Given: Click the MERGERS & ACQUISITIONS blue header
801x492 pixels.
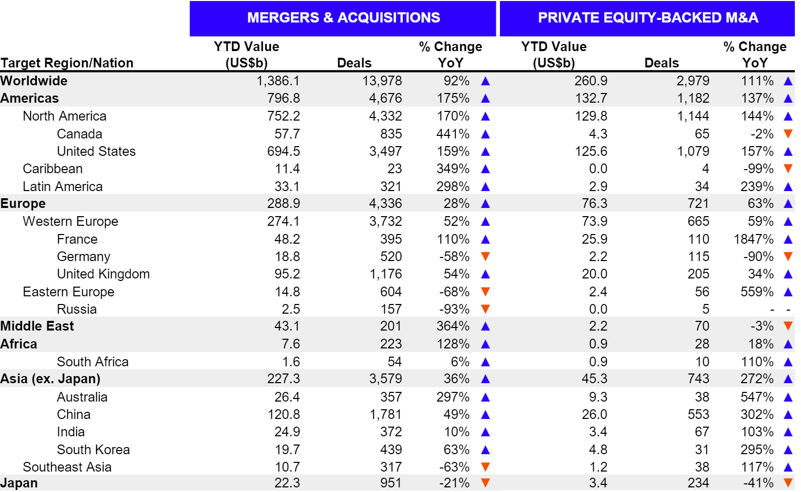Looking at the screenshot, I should click(x=343, y=18).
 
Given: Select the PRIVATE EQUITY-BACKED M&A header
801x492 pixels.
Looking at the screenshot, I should click(x=648, y=18).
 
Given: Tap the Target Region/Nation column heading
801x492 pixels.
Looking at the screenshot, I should click(x=67, y=63).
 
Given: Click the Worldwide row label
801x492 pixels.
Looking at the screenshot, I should click(x=34, y=81).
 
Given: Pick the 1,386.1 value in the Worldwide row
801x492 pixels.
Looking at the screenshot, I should click(x=278, y=81).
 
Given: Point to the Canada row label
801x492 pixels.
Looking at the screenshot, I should click(x=79, y=134).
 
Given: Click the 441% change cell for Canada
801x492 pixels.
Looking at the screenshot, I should click(x=453, y=134).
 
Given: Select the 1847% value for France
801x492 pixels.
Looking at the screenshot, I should click(x=754, y=239).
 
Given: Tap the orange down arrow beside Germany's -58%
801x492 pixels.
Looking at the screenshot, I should click(x=486, y=256).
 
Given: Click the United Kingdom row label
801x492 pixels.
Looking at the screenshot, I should click(x=103, y=274).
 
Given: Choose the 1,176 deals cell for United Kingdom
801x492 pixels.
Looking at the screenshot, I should click(x=386, y=274).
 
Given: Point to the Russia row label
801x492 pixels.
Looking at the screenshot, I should click(x=77, y=309).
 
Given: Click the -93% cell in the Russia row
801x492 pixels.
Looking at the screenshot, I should click(x=454, y=309).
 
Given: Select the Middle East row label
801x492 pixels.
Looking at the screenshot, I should click(x=37, y=326).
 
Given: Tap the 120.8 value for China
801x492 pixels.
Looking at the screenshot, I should click(x=284, y=414).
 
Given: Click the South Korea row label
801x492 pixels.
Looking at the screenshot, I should click(x=93, y=450).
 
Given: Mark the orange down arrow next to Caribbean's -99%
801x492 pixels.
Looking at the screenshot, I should click(x=788, y=169).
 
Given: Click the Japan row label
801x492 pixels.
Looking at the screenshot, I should click(x=19, y=483).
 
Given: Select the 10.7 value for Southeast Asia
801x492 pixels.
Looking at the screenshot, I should click(x=287, y=467).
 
